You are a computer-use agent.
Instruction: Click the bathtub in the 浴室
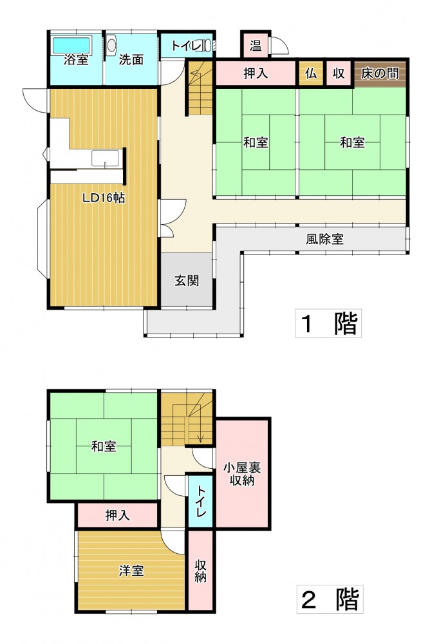coord(71,45)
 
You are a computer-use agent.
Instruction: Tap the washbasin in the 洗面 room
coord(112,44)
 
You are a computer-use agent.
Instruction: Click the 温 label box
coord(256,44)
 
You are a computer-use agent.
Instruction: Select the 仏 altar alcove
coord(311,73)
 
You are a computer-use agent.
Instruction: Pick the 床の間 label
coord(380,73)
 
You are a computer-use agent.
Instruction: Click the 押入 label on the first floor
coord(256,73)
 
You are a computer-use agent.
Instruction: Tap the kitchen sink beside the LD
coord(105,158)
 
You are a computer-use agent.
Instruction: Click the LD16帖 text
coord(104,198)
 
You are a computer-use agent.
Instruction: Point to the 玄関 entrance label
coord(187,281)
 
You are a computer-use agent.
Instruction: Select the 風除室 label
coord(324,239)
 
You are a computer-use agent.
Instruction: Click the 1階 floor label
coord(328,323)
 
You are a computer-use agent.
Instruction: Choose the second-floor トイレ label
coord(201,502)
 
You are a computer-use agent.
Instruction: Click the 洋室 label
coord(131,571)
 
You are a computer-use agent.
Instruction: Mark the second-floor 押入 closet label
coord(117,515)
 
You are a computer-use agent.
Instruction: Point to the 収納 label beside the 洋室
coord(200,571)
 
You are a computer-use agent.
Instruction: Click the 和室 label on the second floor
coord(104,446)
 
